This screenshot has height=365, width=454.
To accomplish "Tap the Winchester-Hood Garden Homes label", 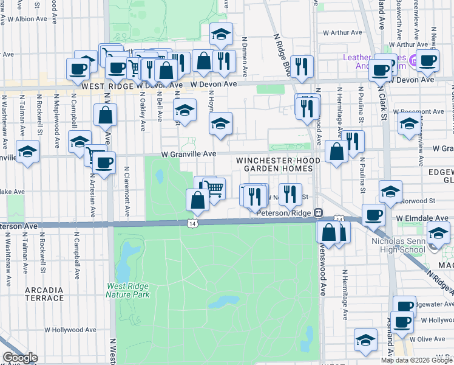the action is coord(278,164).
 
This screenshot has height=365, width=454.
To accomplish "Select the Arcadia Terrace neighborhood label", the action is coord(44,293).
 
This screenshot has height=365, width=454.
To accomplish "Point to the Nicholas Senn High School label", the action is coord(398,245).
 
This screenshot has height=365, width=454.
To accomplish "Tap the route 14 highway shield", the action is coord(192,223).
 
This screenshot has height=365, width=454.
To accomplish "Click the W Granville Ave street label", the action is coord(188,155).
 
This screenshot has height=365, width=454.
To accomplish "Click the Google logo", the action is coord(19,358).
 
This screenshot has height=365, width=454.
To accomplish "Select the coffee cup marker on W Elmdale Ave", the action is coord(372,214).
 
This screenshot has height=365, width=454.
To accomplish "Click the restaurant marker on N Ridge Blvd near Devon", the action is coord(302,66).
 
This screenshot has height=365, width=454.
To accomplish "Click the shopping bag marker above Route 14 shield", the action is coord(197,200).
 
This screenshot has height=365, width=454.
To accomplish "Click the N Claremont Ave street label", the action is coord(127,192).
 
